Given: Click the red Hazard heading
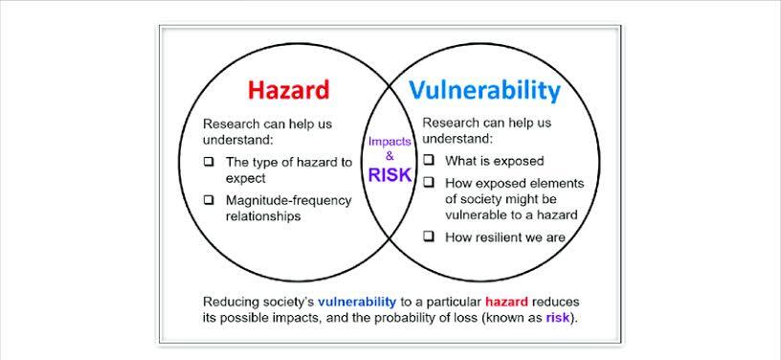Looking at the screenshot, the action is tap(288, 91).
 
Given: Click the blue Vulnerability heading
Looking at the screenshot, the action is tap(484, 91).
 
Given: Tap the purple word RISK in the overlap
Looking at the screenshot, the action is tap(390, 175).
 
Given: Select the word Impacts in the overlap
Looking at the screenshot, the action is tap(390, 142).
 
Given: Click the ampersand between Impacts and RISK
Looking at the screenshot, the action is tap(390, 156).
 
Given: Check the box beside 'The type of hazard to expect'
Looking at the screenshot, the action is tap(209, 162).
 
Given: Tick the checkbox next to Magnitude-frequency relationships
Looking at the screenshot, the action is tap(209, 200).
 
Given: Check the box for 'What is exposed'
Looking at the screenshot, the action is tap(429, 160).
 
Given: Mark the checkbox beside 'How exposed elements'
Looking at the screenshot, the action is tap(429, 183).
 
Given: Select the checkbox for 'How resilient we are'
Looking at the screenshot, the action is tap(429, 237).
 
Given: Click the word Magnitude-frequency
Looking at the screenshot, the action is tap(289, 201).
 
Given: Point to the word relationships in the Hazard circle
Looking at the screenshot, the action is tap(263, 216).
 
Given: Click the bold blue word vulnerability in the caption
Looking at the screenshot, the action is tap(357, 302).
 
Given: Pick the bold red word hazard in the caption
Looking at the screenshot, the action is tap(506, 302).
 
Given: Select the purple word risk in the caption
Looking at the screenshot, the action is tap(557, 317).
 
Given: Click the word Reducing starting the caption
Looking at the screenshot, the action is tap(229, 303).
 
